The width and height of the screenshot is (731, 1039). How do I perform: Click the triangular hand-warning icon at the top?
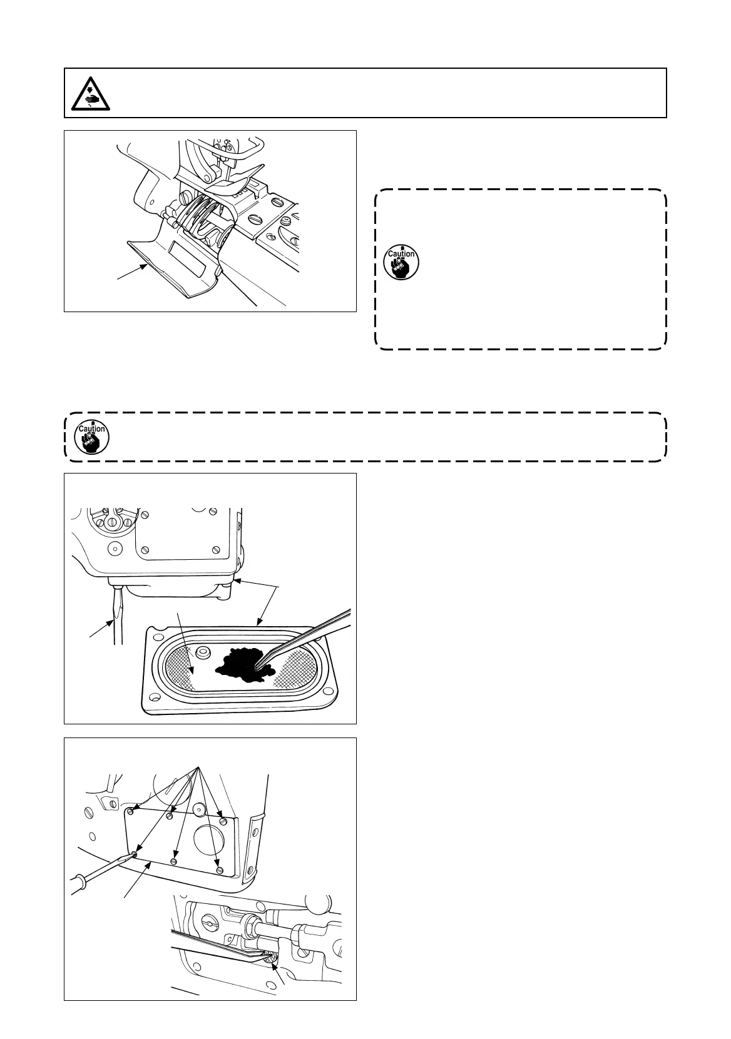(89, 93)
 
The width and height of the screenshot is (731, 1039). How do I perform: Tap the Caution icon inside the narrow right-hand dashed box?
(401, 261)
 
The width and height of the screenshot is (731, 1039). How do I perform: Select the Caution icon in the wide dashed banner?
(91, 437)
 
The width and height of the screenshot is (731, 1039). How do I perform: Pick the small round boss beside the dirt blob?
(202, 653)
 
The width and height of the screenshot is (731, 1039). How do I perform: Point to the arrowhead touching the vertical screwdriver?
(113, 621)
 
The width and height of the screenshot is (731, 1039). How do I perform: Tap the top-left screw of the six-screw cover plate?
(130, 812)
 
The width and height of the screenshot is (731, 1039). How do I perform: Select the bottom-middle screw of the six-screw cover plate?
(175, 861)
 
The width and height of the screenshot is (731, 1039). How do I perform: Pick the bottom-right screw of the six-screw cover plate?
(218, 869)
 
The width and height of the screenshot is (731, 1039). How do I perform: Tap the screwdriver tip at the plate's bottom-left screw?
(133, 854)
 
